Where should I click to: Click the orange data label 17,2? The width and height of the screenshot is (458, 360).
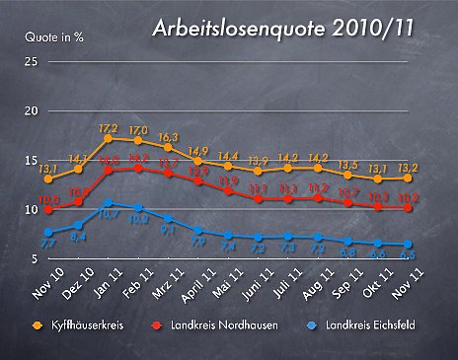(109, 128)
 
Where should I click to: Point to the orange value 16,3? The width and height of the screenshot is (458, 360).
(168, 137)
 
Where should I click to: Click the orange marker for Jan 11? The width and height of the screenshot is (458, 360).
(109, 139)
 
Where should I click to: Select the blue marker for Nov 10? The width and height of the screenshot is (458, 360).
(48, 233)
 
